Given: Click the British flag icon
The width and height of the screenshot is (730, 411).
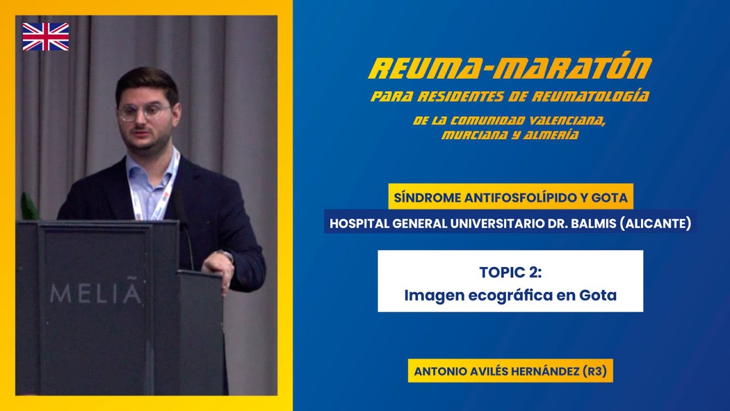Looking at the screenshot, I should pyautogui.click(x=46, y=37).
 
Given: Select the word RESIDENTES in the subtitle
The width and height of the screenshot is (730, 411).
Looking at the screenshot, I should pyautogui.click(x=472, y=96).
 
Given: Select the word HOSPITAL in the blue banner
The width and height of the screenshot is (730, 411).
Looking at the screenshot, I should pyautogui.click(x=358, y=224).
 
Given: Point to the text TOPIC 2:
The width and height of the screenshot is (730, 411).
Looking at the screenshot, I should pyautogui.click(x=510, y=272).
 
